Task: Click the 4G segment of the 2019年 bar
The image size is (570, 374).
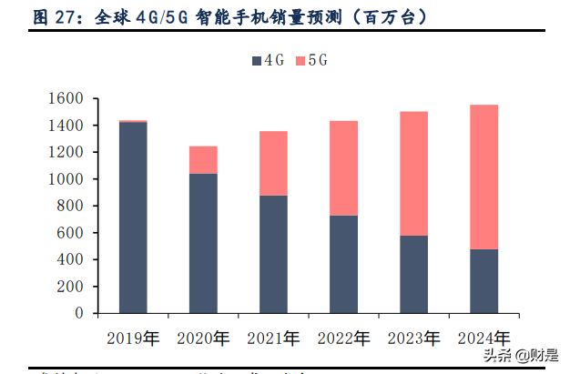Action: [x=133, y=217]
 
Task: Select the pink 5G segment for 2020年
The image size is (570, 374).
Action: [x=203, y=159]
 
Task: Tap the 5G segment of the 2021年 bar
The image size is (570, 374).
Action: [x=273, y=164]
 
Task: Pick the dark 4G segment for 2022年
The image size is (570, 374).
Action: [x=343, y=264]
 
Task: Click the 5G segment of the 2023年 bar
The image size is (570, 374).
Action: [x=413, y=173]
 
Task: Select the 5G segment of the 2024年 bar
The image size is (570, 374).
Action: [x=483, y=177]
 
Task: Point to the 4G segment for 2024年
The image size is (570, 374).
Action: [x=483, y=280]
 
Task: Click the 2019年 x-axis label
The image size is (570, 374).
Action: [x=133, y=339]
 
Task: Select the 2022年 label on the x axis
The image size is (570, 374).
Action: [x=343, y=339]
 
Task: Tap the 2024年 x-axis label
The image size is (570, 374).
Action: [x=483, y=339]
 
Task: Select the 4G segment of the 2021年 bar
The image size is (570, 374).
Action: [x=273, y=254]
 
